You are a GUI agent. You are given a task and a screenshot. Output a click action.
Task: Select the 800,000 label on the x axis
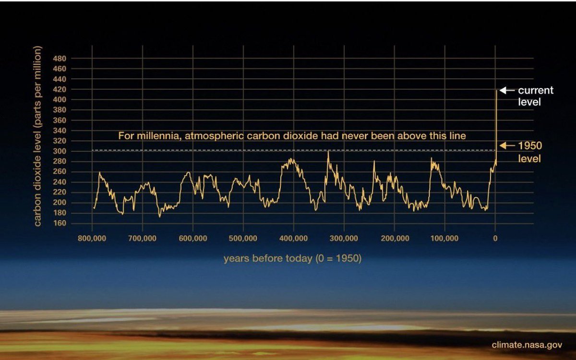point(92,238)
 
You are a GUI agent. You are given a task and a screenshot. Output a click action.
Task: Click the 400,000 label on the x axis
point(293,238)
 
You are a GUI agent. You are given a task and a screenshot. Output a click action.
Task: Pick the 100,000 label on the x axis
point(444,238)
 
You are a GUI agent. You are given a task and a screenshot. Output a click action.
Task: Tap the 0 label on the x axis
point(495,238)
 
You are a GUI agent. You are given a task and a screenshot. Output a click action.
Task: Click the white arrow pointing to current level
point(507,90)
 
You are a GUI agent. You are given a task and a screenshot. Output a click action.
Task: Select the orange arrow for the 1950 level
point(507,145)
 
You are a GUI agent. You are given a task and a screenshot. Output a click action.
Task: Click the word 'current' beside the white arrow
point(536,90)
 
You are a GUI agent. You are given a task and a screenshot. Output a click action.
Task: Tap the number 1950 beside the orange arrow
point(530,146)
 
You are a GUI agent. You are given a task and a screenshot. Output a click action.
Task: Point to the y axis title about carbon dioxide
point(38,136)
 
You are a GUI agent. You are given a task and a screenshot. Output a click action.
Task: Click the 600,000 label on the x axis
point(192,238)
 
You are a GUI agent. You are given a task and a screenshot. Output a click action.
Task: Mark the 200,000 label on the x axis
point(394,238)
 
